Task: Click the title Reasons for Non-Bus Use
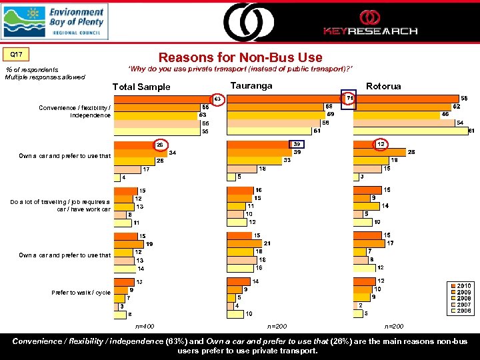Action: point(240,57)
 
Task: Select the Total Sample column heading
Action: point(141,87)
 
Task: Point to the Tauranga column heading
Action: point(251,85)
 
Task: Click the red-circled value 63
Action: point(217,99)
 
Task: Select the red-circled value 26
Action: point(160,145)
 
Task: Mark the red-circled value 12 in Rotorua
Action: point(381,144)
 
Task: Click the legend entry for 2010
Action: point(463,286)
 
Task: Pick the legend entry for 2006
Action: point(463,311)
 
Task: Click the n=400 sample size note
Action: point(144,327)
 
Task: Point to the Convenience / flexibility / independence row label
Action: point(75,111)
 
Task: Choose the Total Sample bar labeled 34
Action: point(140,153)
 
